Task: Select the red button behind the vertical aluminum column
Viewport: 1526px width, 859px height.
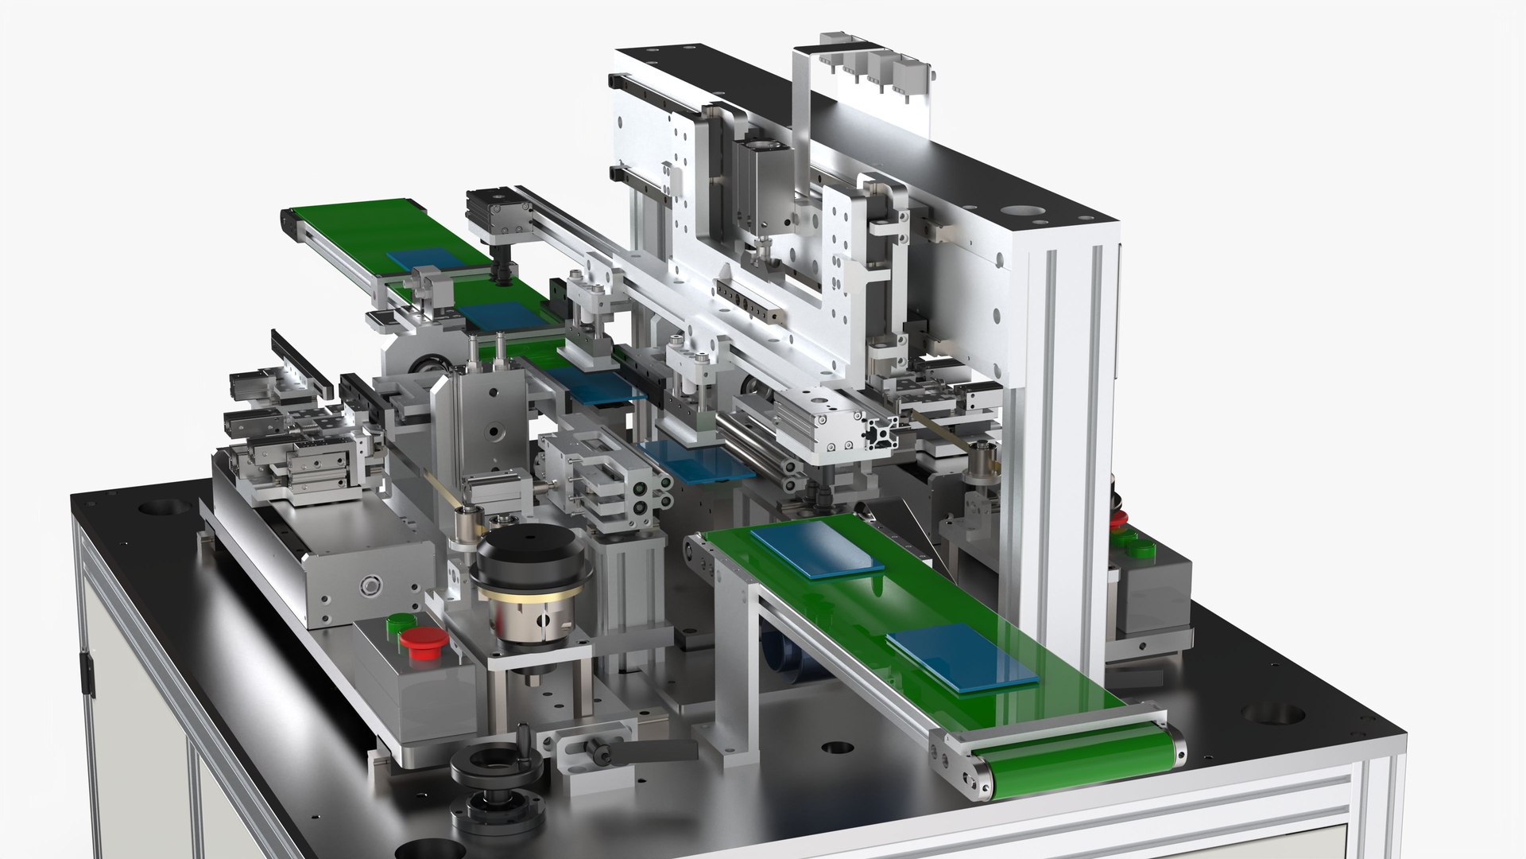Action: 1118,519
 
